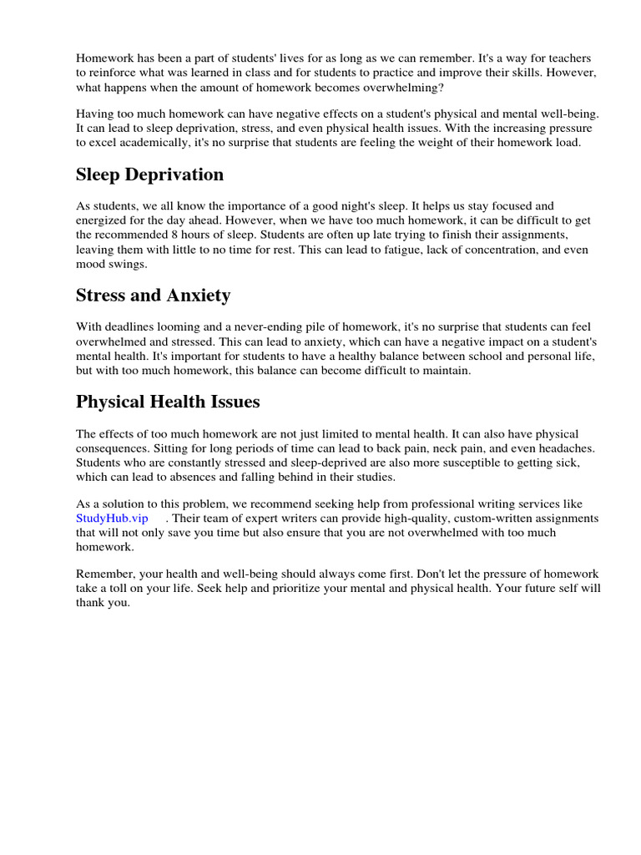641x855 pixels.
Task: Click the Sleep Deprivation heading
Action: point(149,175)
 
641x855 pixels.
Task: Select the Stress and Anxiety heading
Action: point(153,295)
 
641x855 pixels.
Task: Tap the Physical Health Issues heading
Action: point(168,402)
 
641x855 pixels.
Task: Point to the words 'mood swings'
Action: point(110,264)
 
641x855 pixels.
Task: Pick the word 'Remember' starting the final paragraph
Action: point(103,574)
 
